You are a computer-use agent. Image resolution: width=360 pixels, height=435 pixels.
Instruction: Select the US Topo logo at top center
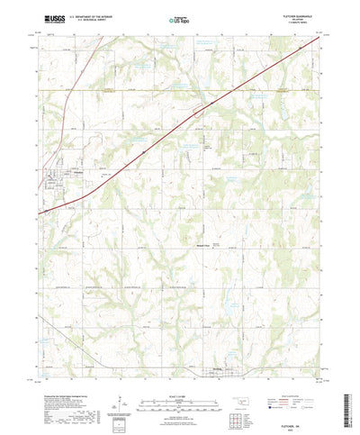point(179,18)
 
